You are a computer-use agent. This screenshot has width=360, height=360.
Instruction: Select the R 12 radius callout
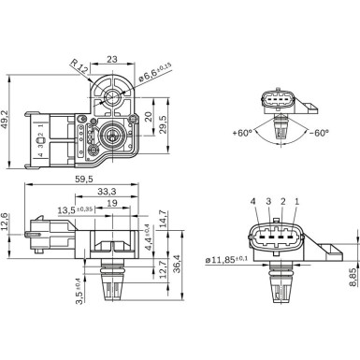pyautogui.click(x=79, y=66)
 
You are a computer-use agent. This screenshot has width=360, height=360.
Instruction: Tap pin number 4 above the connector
pyautogui.click(x=252, y=201)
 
